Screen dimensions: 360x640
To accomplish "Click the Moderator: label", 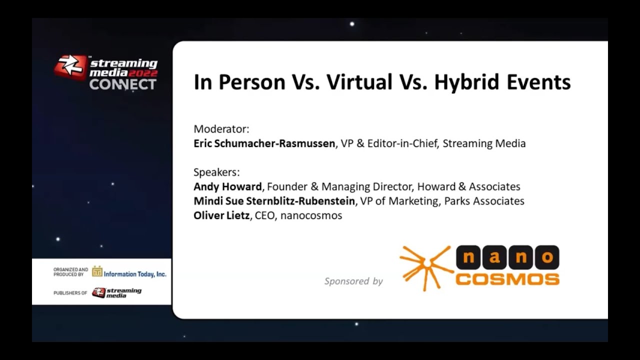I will point(221,129).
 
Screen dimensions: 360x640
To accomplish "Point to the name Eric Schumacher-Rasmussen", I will point(264,143).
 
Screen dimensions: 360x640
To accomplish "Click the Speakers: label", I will point(216,172).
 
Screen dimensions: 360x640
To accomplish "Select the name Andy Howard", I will point(227,186).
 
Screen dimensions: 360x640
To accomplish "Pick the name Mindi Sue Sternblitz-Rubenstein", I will point(274,201).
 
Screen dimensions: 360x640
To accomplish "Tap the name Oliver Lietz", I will point(221,215).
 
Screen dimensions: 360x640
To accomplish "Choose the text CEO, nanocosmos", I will point(298,215).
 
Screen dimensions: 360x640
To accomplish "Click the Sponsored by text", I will point(353,281).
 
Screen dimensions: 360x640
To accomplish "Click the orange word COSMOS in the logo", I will point(507,278).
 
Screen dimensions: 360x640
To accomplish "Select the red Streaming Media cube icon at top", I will point(70,67).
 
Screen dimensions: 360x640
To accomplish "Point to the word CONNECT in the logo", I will point(122,84).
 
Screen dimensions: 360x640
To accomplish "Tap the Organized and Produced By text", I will point(70,272).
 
